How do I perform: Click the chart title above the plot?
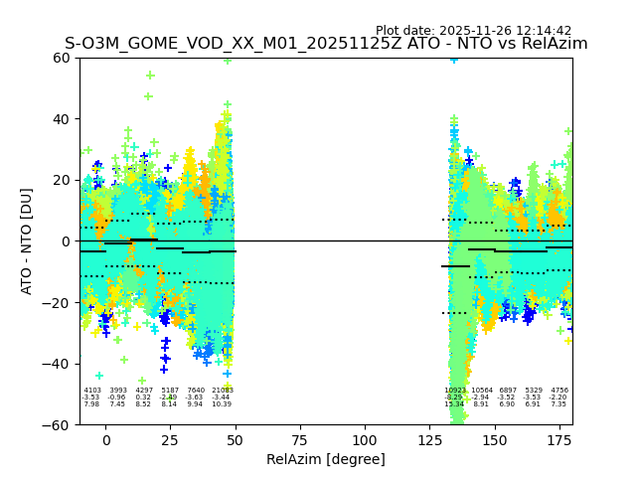coord(326,44)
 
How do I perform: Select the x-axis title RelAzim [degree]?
coord(326,459)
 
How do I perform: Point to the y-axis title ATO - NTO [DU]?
coord(27,240)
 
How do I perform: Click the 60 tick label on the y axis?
coord(62,58)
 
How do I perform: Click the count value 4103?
coord(92,391)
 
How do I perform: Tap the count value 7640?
coord(196,391)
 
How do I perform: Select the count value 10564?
coord(482,391)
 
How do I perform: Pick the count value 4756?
coord(559,391)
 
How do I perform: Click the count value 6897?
coord(508,391)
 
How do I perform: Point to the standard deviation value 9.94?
coord(196,404)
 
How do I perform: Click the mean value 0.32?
coord(144,397)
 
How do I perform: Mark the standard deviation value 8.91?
coord(482,404)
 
